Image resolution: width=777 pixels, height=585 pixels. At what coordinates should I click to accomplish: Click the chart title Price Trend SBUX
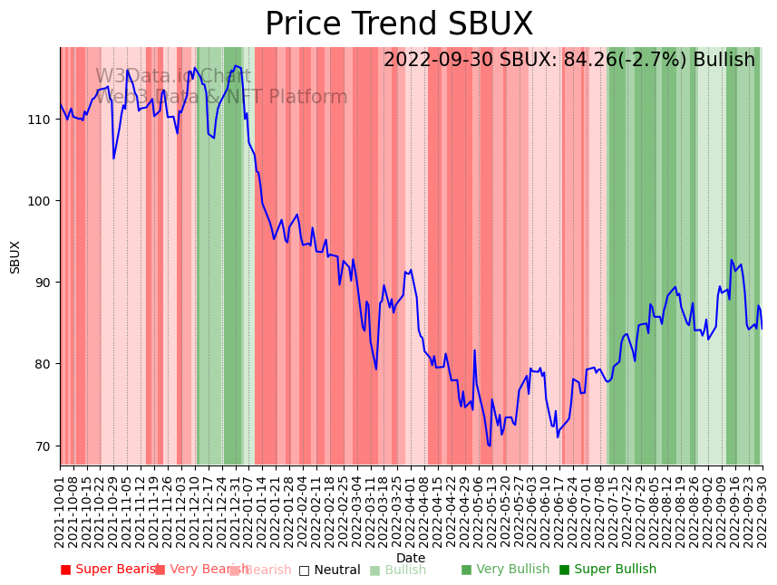click(399, 24)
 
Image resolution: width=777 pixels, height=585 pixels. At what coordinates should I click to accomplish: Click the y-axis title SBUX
click(15, 257)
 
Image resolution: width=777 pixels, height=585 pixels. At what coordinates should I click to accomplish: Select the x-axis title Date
click(411, 559)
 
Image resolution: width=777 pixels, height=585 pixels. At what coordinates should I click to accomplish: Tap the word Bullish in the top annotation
click(724, 61)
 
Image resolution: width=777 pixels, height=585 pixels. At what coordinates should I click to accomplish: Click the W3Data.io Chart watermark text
click(172, 77)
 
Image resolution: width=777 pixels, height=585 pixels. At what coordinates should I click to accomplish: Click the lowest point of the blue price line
click(490, 446)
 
